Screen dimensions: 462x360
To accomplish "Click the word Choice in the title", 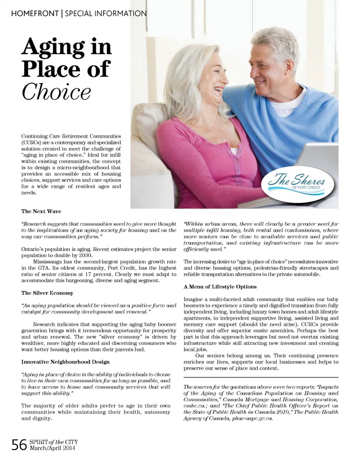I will pos(56,91).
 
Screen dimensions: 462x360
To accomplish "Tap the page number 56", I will pos(19,445).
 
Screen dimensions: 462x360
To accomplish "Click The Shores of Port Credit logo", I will pos(296,184).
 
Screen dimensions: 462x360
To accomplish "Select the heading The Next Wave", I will pos(41,211).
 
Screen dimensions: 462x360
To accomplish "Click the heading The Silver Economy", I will pos(47,293).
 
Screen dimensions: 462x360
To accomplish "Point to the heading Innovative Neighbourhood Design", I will pos(65,362).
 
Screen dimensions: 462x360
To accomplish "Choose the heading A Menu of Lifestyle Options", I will pos(220,287).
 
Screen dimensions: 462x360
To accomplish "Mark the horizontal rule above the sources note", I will pos(261,377).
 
